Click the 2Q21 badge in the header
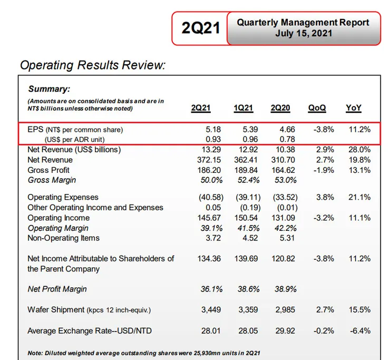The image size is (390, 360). click(200, 28)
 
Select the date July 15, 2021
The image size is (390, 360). click(303, 34)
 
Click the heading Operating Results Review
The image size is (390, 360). click(93, 65)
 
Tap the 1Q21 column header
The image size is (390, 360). click(243, 108)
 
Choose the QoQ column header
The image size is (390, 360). click(317, 108)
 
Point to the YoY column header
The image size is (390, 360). click(354, 108)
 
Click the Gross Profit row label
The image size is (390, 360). click(48, 170)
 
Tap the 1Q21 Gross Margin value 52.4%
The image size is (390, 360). click(245, 180)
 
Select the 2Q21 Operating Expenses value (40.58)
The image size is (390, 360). click(207, 197)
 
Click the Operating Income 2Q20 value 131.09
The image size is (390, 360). click(283, 218)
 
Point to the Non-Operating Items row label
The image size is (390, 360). click(63, 238)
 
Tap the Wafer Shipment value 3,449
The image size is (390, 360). click(210, 310)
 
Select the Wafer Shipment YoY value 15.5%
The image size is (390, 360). click(358, 310)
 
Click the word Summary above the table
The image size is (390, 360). click(49, 89)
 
